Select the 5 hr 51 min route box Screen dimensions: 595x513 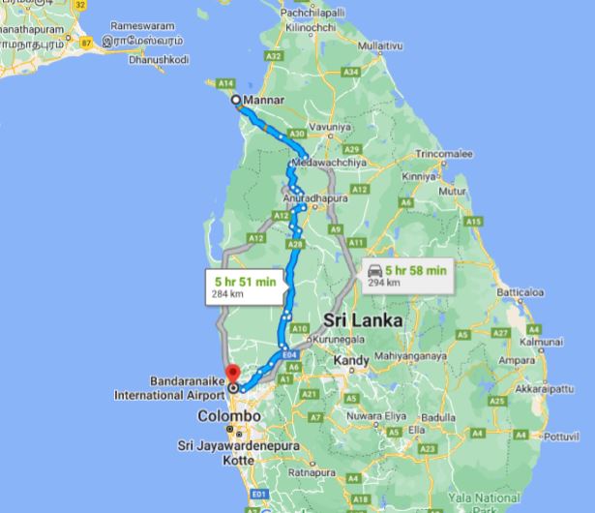pyautogui.click(x=245, y=287)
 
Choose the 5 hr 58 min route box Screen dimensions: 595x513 pyautogui.click(x=405, y=276)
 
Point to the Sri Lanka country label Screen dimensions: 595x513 pyautogui.click(x=363, y=319)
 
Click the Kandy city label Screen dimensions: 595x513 pyautogui.click(x=350, y=361)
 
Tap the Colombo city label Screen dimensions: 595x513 pyautogui.click(x=228, y=415)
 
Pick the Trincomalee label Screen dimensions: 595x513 pyautogui.click(x=444, y=154)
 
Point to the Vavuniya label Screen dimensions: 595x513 pyautogui.click(x=331, y=126)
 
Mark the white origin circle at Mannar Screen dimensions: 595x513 pyautogui.click(x=236, y=100)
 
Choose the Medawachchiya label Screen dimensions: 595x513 pyautogui.click(x=331, y=163)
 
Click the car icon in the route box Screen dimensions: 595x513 pyautogui.click(x=373, y=275)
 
